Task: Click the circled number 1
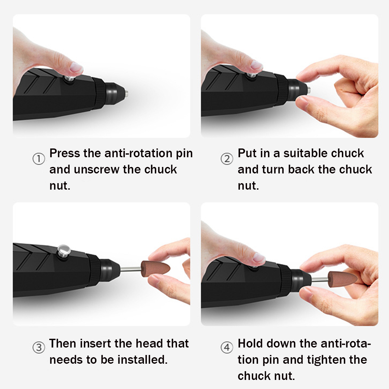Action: click(39, 159)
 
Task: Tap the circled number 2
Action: click(227, 159)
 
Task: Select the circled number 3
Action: click(39, 347)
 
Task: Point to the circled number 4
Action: click(227, 347)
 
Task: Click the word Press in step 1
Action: click(65, 153)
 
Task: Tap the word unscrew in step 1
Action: click(97, 169)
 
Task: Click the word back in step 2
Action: click(301, 169)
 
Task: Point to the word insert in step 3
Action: click(96, 343)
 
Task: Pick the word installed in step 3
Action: click(143, 360)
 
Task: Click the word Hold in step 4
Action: click(250, 343)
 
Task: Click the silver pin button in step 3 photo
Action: click(64, 251)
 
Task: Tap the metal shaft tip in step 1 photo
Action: click(126, 93)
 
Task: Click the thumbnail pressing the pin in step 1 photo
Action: click(76, 68)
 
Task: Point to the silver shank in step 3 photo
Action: click(130, 269)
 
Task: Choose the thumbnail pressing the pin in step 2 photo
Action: click(256, 65)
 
